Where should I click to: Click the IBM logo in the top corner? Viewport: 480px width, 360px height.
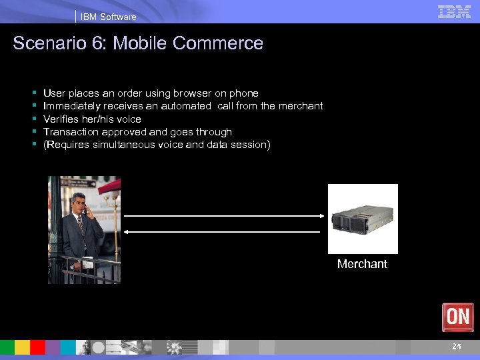[454, 11]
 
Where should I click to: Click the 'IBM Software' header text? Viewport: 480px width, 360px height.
[108, 17]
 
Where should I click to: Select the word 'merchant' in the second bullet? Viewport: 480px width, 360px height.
[301, 106]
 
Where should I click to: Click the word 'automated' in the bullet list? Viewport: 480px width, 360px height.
[186, 106]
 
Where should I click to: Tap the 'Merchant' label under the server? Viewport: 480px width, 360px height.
[362, 264]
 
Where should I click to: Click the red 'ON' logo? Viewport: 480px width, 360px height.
[457, 317]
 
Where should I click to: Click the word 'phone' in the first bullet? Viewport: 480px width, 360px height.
[244, 93]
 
